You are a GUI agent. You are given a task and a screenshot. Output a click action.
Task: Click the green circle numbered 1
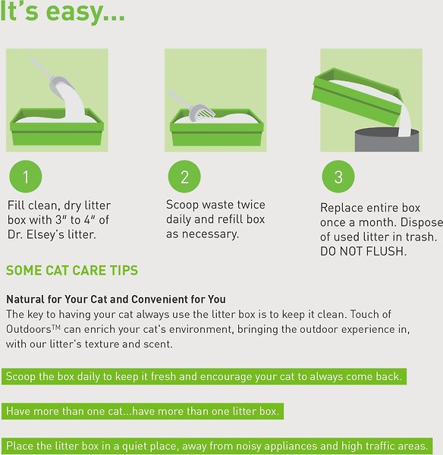click(x=26, y=177)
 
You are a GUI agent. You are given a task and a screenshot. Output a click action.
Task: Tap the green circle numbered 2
click(x=184, y=177)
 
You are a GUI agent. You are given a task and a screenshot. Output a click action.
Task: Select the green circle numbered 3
click(x=338, y=177)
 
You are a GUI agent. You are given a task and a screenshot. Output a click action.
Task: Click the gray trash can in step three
click(x=387, y=140)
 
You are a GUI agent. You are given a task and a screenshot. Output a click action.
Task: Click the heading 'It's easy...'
click(x=63, y=14)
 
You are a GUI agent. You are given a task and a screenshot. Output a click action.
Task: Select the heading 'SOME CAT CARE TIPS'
click(x=72, y=271)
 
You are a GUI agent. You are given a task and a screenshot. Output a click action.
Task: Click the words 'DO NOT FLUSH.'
click(x=363, y=252)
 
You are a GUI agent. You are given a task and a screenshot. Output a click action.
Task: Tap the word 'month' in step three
click(x=373, y=222)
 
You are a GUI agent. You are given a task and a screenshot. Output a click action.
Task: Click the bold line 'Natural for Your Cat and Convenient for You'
click(x=116, y=300)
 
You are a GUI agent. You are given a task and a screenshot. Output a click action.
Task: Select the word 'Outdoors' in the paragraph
click(x=29, y=329)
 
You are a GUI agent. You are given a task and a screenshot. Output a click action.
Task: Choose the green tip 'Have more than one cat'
click(x=143, y=411)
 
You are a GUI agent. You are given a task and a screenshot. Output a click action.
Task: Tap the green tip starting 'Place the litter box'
click(x=218, y=446)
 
